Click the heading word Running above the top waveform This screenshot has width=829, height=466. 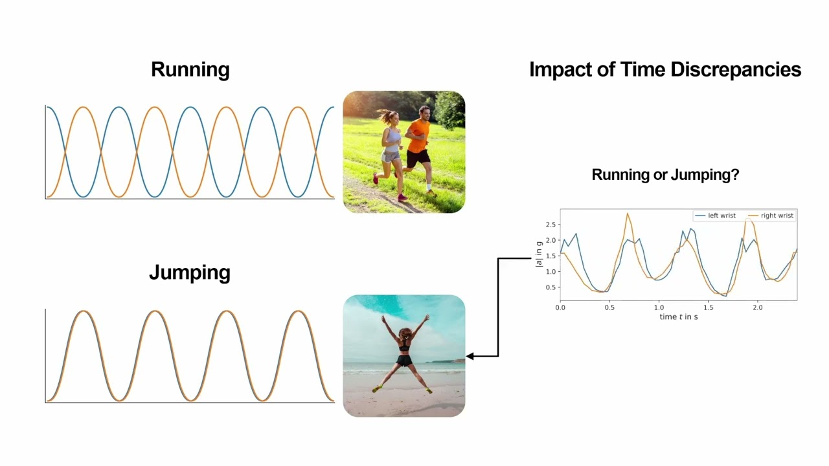point(190,70)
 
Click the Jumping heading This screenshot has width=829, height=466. point(190,273)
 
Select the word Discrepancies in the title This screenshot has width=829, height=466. point(736,69)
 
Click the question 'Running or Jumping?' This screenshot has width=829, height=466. point(665,175)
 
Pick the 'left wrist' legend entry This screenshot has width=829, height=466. point(716,216)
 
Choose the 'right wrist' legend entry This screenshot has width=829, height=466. point(771,216)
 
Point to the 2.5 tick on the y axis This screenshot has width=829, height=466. point(551,225)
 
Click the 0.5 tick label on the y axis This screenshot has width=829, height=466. point(551,287)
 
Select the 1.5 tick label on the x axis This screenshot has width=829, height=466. point(708,307)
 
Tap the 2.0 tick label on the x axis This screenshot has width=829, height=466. point(758,307)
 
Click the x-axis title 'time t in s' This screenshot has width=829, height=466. point(679,317)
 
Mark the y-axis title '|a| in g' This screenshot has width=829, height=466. point(539,254)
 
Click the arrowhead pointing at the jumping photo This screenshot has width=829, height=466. point(470,356)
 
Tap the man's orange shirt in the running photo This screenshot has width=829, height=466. point(418,136)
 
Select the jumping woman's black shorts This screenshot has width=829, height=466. point(404,361)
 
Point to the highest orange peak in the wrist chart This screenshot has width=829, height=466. point(628,214)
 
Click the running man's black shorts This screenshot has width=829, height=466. point(418,159)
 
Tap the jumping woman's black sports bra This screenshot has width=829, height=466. point(405,347)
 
